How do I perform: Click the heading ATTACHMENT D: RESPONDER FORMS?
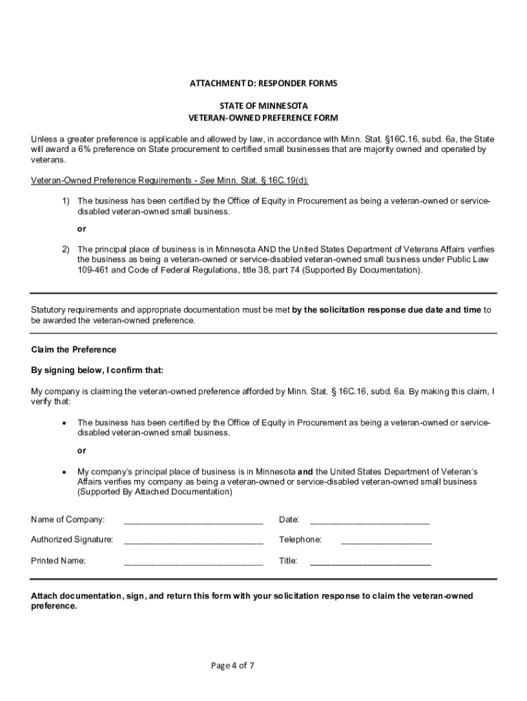click(263, 84)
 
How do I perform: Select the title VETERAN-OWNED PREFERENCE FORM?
click(263, 118)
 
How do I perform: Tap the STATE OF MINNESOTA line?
click(263, 106)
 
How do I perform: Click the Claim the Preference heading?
click(74, 350)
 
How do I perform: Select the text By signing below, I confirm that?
click(97, 370)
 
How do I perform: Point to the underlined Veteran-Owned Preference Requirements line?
click(170, 181)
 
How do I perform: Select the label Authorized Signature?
click(72, 539)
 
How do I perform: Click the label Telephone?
click(300, 539)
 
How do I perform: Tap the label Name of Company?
click(68, 519)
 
